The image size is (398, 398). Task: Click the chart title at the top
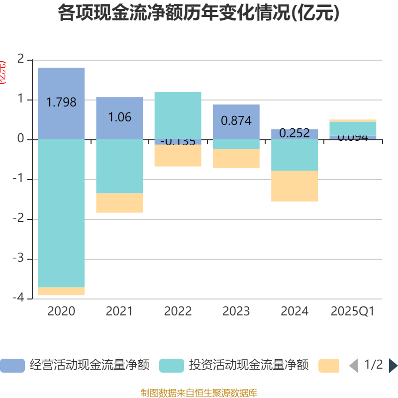pos(199,13)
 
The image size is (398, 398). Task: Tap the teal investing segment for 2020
pos(61,214)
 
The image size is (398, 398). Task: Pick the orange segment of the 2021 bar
pos(119,203)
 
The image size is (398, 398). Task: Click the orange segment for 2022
pos(178,156)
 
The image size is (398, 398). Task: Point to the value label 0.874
pos(236,120)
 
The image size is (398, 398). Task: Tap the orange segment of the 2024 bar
pos(295,186)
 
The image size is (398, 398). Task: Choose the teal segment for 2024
pos(295,155)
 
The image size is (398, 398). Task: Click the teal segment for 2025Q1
pos(353,128)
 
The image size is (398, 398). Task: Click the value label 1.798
pos(61,102)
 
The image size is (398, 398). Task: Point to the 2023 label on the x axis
pos(236,311)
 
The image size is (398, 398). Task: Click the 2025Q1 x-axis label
pos(353,311)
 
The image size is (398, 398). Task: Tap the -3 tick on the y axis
pos(20,259)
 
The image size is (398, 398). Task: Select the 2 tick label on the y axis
pos(20,60)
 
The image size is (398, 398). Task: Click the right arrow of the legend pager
pos(393,366)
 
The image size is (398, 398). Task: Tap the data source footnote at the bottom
pos(199,393)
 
